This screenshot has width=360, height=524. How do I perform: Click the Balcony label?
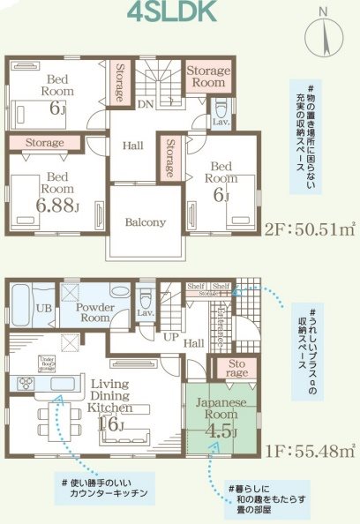[x=145, y=222]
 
